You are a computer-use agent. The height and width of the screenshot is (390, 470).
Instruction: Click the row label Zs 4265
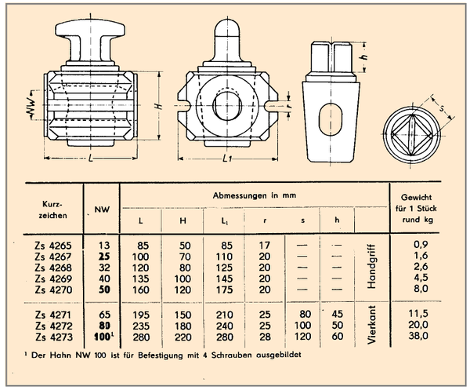click(53, 246)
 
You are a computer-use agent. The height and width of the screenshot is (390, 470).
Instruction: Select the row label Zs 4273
click(54, 337)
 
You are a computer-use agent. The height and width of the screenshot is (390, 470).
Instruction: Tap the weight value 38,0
click(418, 336)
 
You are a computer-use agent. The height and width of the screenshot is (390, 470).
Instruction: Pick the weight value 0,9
click(421, 245)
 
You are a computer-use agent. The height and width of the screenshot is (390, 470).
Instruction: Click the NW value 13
click(104, 246)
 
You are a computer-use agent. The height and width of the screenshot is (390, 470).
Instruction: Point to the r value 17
click(265, 246)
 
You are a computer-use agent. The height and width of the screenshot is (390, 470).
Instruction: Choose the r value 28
click(265, 337)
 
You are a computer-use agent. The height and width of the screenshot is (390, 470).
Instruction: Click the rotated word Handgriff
click(371, 267)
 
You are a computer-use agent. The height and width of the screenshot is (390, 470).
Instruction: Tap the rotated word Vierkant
click(371, 325)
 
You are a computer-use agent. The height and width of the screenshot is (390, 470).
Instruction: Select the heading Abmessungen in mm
click(255, 195)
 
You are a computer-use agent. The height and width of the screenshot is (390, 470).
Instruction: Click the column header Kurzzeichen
click(52, 210)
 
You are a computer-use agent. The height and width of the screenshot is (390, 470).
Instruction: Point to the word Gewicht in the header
click(417, 197)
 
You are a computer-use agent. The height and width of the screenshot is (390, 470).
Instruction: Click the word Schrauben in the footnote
click(231, 355)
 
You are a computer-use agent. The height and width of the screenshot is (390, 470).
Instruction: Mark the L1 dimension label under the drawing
click(227, 159)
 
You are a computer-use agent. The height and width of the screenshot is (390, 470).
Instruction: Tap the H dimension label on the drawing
click(160, 106)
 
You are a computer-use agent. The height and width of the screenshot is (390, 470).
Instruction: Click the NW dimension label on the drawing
click(31, 106)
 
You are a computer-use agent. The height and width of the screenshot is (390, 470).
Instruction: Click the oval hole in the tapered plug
click(331, 119)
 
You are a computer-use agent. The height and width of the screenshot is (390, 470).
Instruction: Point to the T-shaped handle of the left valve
click(90, 41)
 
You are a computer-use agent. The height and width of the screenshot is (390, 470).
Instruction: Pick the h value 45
click(337, 314)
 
